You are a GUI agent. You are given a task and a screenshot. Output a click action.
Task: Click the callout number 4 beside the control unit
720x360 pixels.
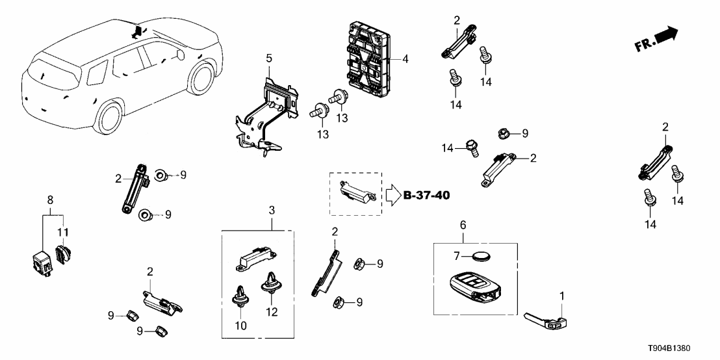click(405, 59)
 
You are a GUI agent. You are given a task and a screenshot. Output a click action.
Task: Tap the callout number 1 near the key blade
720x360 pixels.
click(562, 296)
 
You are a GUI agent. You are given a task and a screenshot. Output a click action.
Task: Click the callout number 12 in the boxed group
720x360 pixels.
click(272, 313)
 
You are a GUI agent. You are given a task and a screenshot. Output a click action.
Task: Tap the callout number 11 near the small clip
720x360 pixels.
click(64, 232)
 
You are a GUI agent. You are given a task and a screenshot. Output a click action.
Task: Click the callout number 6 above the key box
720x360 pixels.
click(463, 224)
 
